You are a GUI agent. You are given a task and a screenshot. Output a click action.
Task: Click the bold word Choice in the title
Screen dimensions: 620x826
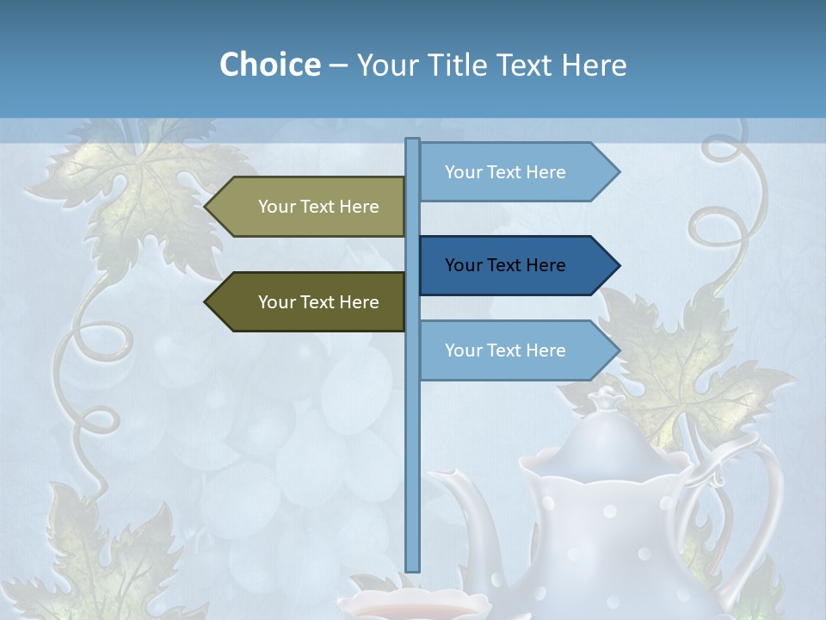pyautogui.click(x=269, y=65)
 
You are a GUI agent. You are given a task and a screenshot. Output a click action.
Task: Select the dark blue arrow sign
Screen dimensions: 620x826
pyautogui.click(x=516, y=265)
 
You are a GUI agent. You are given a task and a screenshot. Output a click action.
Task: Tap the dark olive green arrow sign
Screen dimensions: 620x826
pyautogui.click(x=306, y=302)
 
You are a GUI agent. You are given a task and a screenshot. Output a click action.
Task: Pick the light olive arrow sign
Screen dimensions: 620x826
pyautogui.click(x=306, y=207)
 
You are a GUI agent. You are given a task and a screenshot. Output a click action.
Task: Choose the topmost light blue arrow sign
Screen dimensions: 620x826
pyautogui.click(x=516, y=172)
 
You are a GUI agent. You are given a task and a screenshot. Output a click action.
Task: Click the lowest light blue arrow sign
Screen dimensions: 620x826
pyautogui.click(x=516, y=350)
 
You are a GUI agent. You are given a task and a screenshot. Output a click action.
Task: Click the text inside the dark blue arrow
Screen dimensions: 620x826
pyautogui.click(x=505, y=265)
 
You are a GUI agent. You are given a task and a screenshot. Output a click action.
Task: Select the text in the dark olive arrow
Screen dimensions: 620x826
pyautogui.click(x=318, y=302)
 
